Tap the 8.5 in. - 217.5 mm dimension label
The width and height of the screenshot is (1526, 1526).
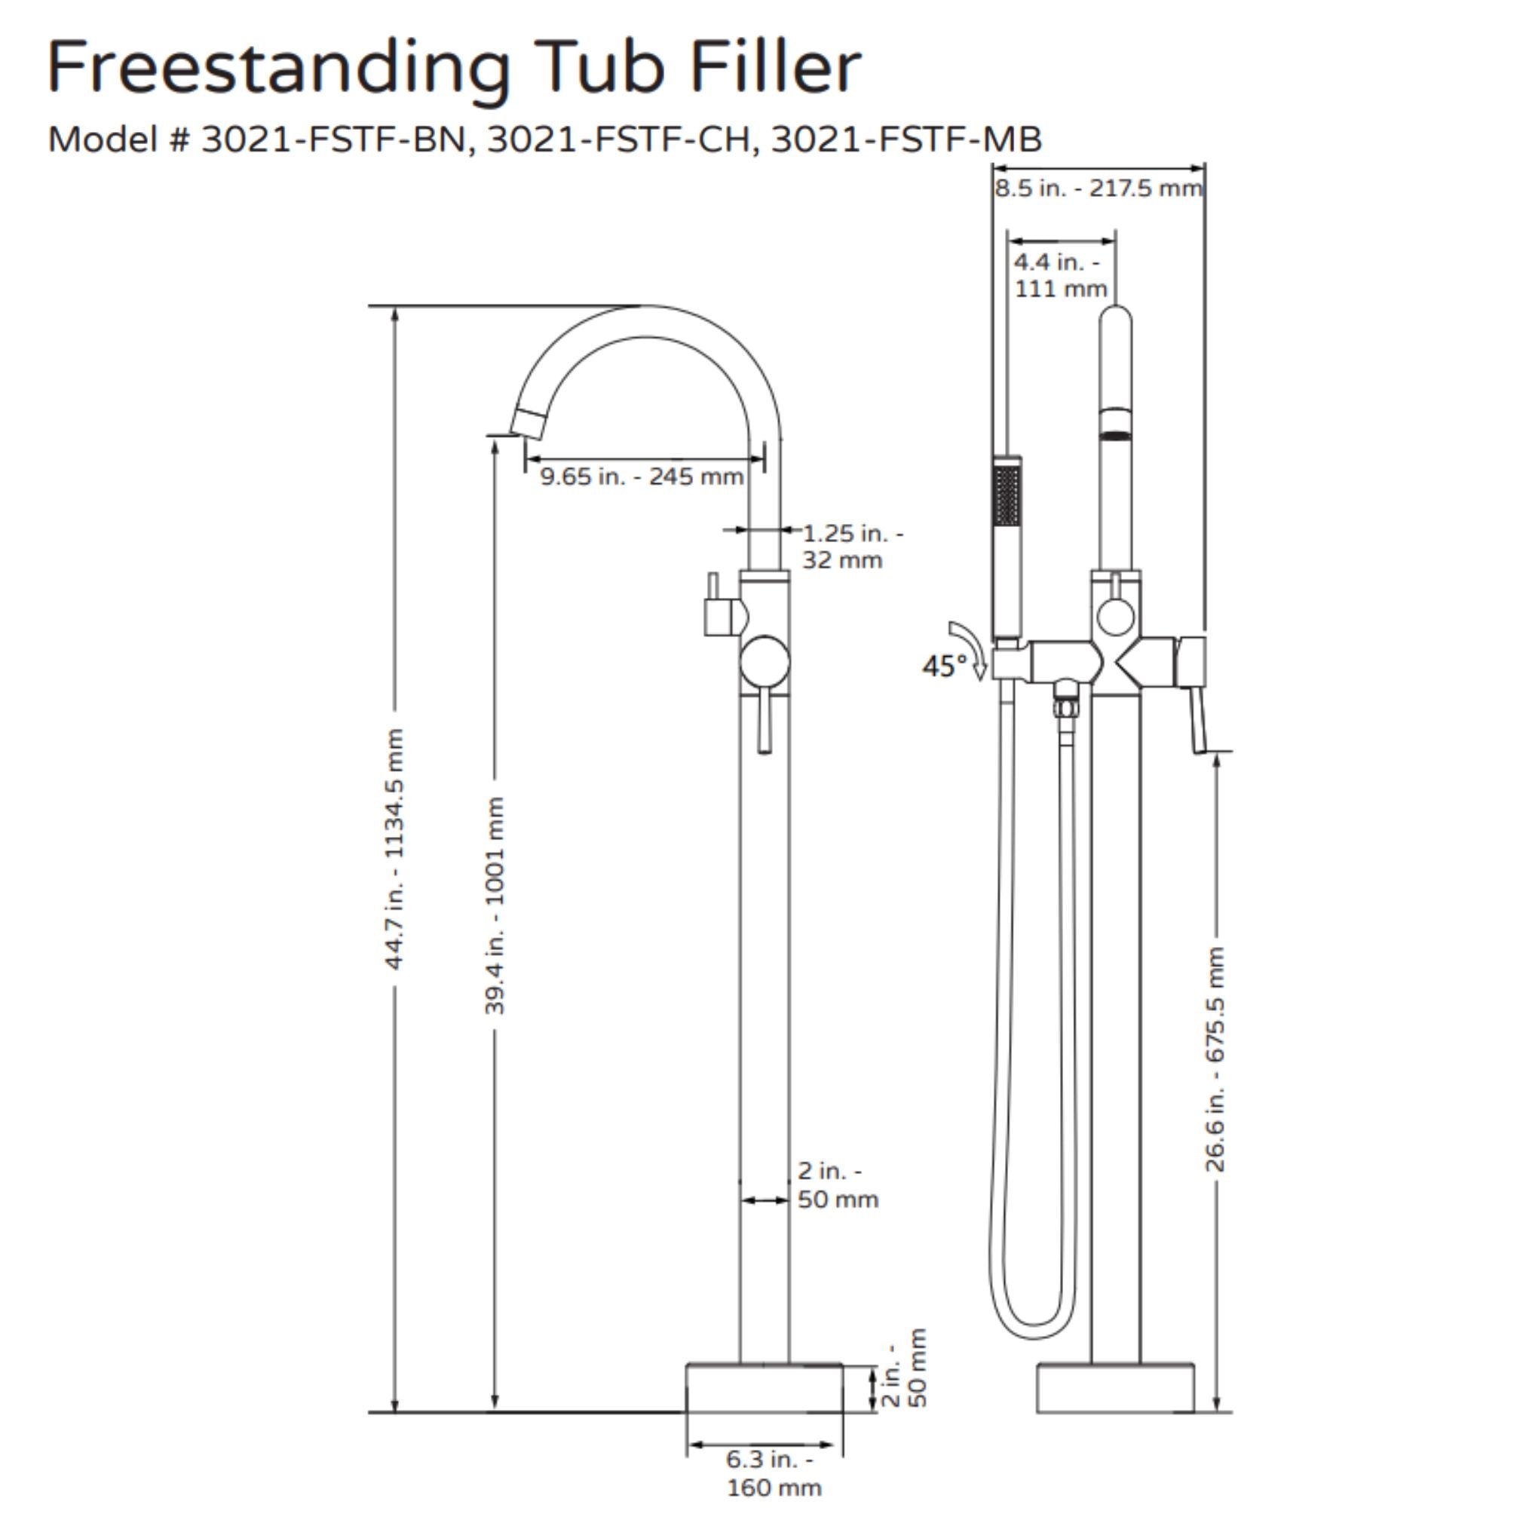point(1098,188)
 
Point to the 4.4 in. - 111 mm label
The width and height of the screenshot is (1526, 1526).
point(1060,275)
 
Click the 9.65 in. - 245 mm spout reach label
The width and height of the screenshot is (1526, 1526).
point(642,477)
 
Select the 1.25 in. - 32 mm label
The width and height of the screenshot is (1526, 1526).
point(851,547)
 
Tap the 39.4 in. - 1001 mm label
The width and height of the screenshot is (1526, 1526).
point(495,905)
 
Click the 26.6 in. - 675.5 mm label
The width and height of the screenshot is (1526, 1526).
point(1215,1059)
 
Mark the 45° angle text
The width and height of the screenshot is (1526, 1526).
point(944,666)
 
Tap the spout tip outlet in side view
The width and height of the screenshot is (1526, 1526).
point(528,424)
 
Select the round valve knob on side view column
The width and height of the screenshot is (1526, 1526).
point(764,661)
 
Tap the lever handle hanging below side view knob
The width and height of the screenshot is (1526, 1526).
point(764,723)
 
